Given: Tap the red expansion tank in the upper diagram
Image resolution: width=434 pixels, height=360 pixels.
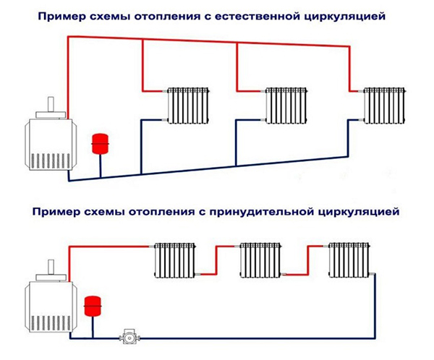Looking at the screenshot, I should (x=98, y=142).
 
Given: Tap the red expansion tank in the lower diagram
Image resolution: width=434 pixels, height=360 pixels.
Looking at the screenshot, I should (x=92, y=304).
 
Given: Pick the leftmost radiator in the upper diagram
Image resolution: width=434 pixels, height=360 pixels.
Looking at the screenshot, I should (x=188, y=107).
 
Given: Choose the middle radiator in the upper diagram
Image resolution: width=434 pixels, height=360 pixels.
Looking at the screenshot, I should (x=286, y=107).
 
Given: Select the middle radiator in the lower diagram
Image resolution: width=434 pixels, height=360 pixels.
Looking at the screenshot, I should (x=260, y=261).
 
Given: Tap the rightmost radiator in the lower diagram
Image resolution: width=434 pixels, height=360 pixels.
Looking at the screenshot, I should (x=349, y=261).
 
